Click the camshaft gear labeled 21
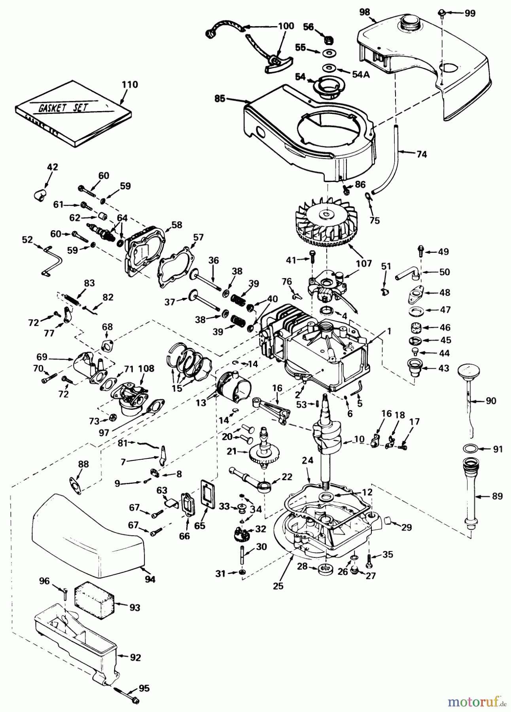tap(265, 451)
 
